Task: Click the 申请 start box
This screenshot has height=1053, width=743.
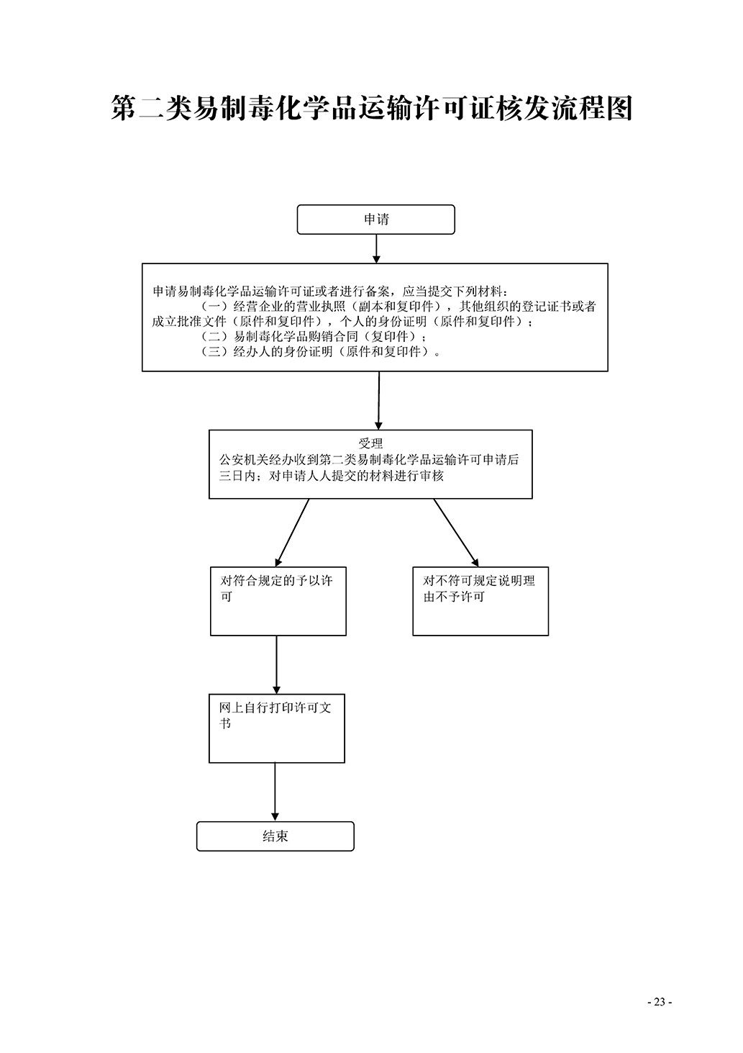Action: coord(375,220)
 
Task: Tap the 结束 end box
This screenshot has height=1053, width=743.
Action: coord(275,836)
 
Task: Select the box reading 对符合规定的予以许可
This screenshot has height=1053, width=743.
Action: coord(278,601)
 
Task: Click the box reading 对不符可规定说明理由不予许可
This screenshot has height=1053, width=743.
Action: coord(480,601)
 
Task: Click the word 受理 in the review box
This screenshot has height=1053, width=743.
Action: coord(370,444)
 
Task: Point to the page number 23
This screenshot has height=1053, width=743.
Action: coord(659,1002)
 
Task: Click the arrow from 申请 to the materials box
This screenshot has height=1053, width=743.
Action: coord(376,248)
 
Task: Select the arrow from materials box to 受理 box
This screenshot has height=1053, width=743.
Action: coord(378,400)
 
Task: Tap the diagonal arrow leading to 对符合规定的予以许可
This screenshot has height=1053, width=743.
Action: coord(292,533)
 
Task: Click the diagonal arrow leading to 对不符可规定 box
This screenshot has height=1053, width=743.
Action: coord(456,533)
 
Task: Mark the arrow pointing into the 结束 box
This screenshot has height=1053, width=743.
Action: coord(275,792)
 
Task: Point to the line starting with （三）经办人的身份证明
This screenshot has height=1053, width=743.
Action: coord(321,352)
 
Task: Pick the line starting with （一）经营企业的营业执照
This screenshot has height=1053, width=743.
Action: coord(398,307)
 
